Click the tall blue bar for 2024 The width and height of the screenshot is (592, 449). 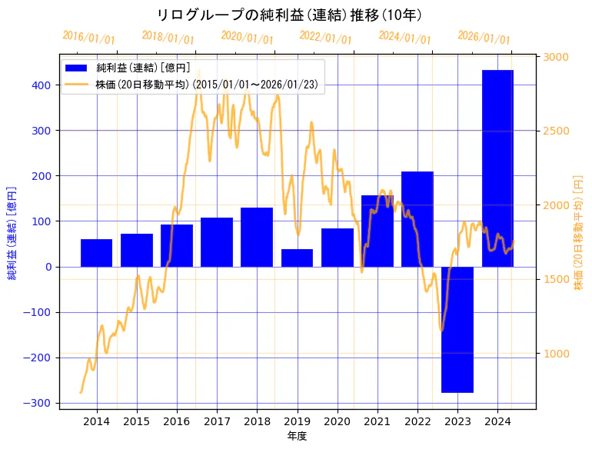497,168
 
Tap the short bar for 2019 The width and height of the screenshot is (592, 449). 297,258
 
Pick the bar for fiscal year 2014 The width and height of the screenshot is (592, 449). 96,253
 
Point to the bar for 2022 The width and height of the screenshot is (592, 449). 417,219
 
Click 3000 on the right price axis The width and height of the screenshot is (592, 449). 557,57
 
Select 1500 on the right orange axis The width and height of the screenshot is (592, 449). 557,279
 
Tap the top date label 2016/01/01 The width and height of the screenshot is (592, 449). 89,37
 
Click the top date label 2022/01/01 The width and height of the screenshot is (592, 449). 325,37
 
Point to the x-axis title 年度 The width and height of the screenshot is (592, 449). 297,436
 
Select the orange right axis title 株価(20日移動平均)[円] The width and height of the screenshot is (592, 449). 578,231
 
